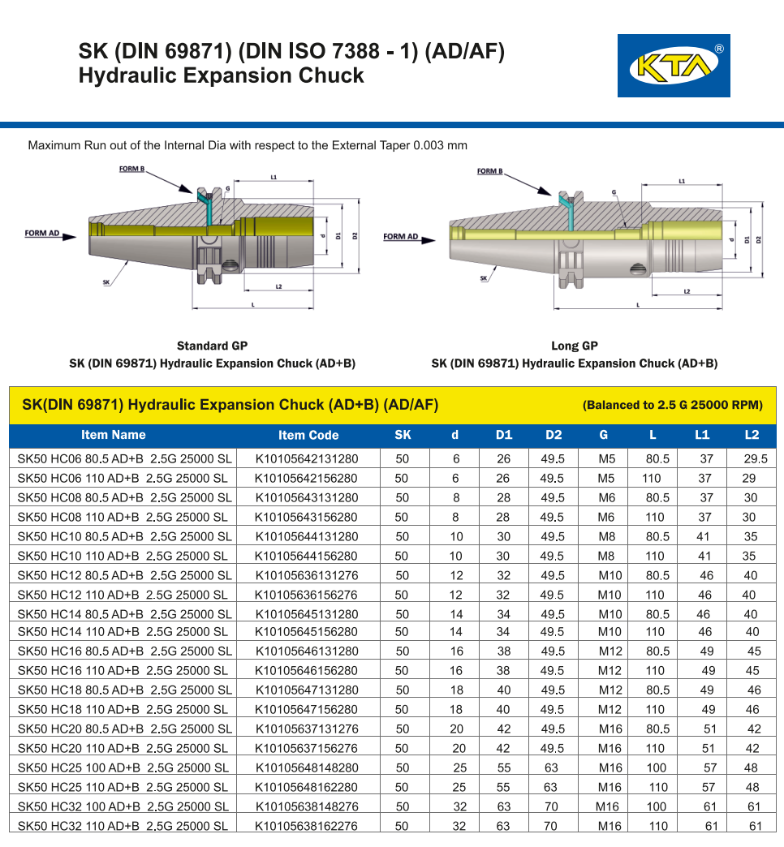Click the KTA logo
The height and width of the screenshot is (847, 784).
674,66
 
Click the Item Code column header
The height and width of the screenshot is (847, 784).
308,435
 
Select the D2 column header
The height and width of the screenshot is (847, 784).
554,435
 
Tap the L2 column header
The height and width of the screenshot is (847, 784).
752,435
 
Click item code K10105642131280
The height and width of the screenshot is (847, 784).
307,458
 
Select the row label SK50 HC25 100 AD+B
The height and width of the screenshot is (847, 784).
123,767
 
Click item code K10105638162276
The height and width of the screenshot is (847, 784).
307,826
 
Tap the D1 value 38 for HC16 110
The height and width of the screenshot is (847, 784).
503,670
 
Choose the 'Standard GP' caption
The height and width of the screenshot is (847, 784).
213,346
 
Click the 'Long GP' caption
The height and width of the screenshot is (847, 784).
575,346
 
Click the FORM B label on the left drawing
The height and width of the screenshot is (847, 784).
131,170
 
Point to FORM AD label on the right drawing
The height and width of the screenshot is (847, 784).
401,237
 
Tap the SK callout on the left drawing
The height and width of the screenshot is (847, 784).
106,282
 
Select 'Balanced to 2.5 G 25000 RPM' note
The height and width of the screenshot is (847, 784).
673,406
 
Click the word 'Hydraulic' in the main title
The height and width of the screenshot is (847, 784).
130,76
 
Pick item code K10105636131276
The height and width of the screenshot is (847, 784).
307,575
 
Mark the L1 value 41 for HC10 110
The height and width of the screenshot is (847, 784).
704,556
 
